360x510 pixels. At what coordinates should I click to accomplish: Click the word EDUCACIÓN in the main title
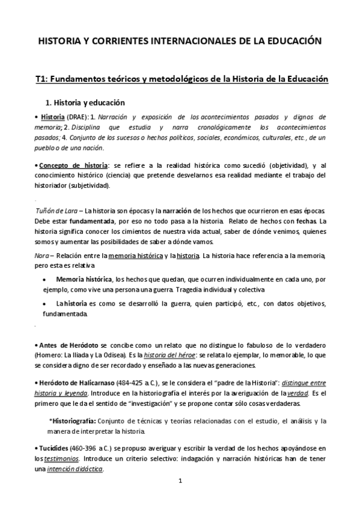click(x=291, y=41)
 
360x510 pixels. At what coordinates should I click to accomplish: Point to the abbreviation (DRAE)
click(x=75, y=116)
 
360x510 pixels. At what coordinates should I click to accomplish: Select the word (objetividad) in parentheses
click(x=279, y=165)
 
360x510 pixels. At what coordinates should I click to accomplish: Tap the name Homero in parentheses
click(x=53, y=354)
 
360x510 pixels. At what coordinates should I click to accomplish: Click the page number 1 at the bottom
click(x=180, y=482)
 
